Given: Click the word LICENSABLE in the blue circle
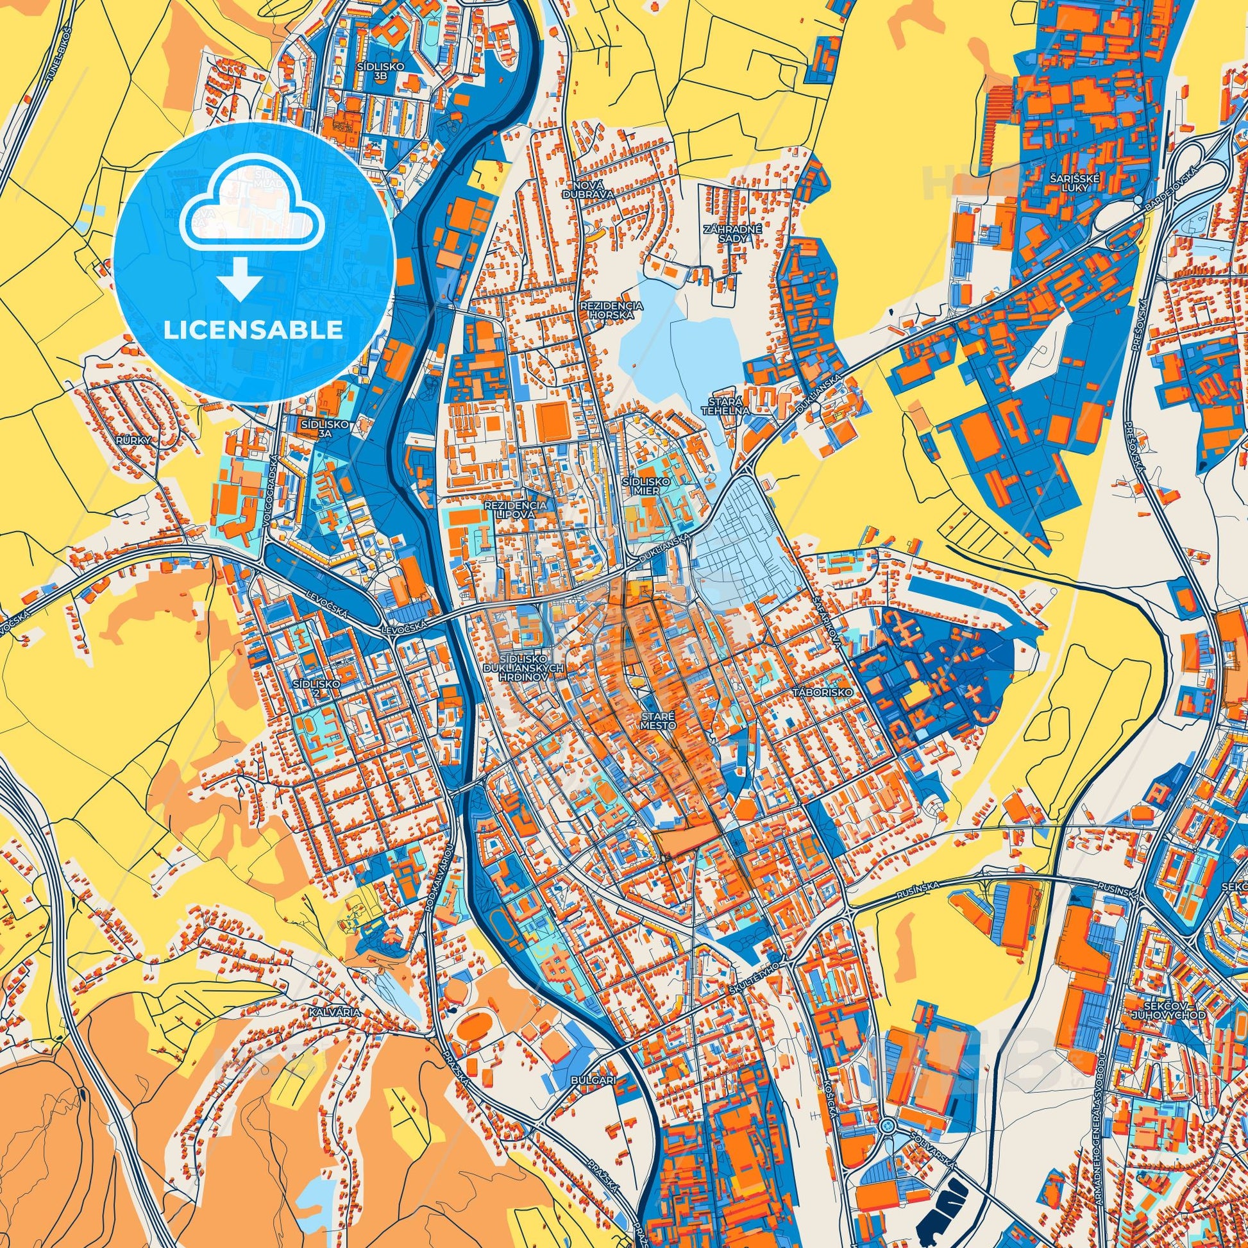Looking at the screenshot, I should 253,330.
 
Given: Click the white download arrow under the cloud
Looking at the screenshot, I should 240,279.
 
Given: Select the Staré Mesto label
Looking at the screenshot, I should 658,721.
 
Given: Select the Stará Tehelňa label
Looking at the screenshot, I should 725,405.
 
